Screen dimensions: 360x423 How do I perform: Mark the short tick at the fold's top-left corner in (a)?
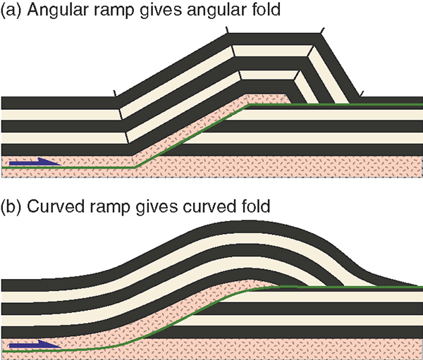[x=227, y=30]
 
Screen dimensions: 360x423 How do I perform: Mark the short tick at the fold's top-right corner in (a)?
[x=321, y=30]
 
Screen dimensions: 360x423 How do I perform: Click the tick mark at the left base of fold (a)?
[x=115, y=92]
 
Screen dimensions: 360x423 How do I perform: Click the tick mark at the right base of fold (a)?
[x=361, y=92]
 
